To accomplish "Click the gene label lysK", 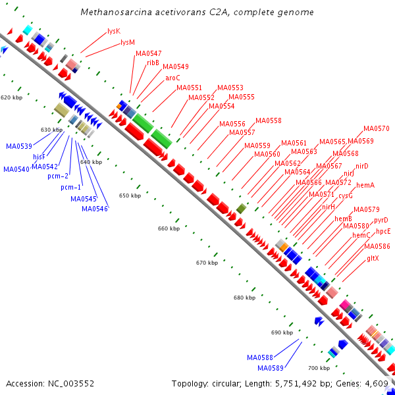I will coord(114,31).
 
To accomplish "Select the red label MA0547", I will coord(149,53).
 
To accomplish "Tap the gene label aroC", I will coord(172,77).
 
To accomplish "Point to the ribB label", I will coord(153,63).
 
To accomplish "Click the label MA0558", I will coord(269,120).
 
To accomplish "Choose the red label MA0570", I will coord(377,128).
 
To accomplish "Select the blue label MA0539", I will coord(20,145).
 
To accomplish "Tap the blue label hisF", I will coord(39,157).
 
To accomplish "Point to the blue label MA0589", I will coord(270,367).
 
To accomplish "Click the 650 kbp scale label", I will coord(130,196).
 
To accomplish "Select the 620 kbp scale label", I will coord(11,97).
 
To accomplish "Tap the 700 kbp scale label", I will coord(319,367).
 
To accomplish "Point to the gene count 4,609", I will coord(375,383).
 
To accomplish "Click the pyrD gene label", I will coord(381,220).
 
